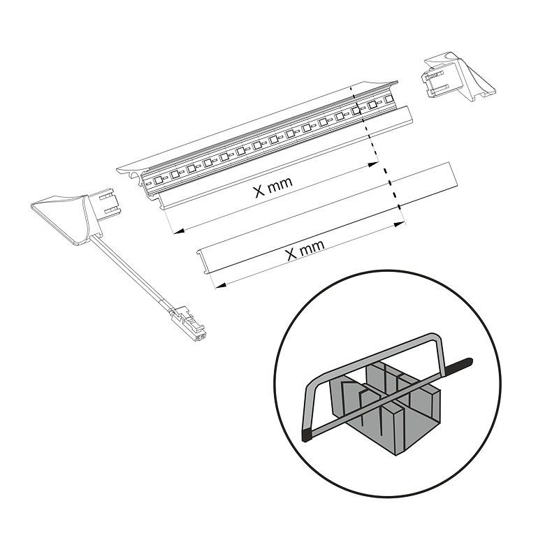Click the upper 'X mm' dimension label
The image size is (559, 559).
click(273, 186)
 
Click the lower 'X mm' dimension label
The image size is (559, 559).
click(305, 249)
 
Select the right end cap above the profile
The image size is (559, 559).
click(458, 77)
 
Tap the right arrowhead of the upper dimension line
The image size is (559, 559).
click(373, 164)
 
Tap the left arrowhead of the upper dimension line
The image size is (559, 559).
click(178, 231)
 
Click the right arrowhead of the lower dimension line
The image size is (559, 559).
click(399, 224)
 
